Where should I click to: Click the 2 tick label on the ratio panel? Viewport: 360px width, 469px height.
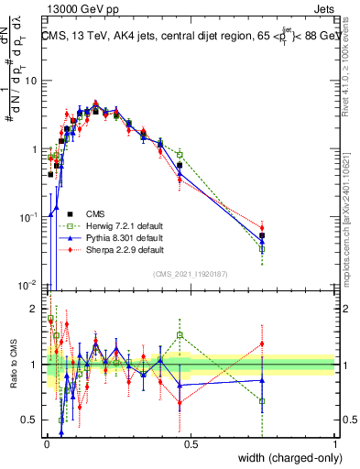point(37,308)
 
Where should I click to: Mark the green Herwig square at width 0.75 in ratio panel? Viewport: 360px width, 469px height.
point(262,401)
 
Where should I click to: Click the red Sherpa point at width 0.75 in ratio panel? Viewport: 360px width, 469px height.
point(262,344)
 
